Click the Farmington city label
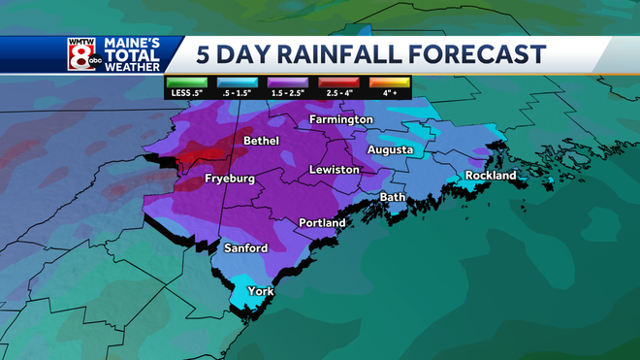click(x=340, y=119)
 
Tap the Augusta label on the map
click(x=390, y=150)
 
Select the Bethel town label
click(x=262, y=141)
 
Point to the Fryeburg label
click(x=230, y=180)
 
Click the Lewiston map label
click(x=334, y=170)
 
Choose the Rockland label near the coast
click(x=491, y=176)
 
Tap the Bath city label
click(x=392, y=197)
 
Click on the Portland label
click(x=321, y=223)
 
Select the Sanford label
click(x=245, y=248)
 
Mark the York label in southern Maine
click(x=260, y=291)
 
